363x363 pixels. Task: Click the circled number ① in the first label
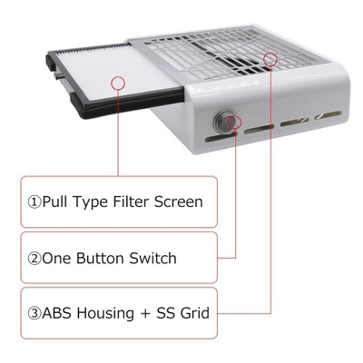[34, 202]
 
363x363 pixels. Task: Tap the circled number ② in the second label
[34, 259]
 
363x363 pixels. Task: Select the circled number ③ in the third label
[34, 313]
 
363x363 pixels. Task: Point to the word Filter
[131, 201]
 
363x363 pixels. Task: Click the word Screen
[179, 201]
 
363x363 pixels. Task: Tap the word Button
[101, 259]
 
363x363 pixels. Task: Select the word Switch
[153, 259]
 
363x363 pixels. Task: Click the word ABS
[57, 313]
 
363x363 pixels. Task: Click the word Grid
[195, 313]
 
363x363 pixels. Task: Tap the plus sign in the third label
[145, 314]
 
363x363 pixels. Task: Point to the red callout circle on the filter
[118, 83]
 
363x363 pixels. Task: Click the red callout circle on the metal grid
[270, 59]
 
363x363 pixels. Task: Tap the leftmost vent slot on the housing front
[217, 138]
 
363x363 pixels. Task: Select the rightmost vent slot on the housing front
[328, 115]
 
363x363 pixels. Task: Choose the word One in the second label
[57, 259]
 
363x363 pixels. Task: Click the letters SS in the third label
[166, 313]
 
